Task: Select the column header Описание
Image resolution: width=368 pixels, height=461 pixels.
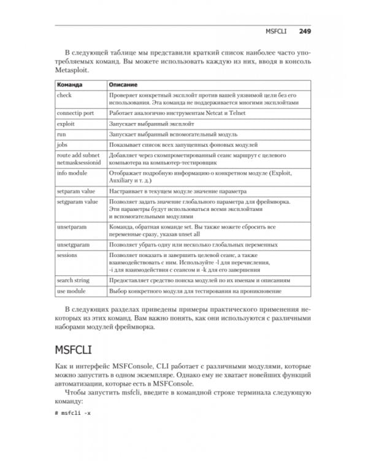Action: (123, 84)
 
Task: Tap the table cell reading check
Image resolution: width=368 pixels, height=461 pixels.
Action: (64, 95)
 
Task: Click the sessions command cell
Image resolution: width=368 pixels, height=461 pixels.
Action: (67, 254)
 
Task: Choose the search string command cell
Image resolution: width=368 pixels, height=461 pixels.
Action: (72, 280)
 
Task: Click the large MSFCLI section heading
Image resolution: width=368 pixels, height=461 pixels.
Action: (79, 349)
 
